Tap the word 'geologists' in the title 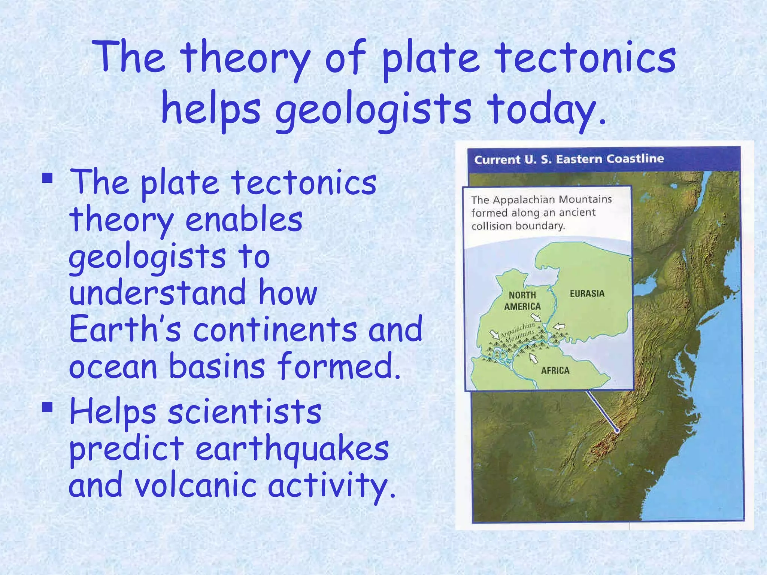[x=373, y=109]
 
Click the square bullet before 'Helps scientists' [x=47, y=407]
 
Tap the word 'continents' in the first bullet [x=275, y=329]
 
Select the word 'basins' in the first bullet [x=217, y=366]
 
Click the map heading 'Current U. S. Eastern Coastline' [x=569, y=159]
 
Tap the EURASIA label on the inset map [x=587, y=293]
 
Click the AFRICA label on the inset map [x=555, y=371]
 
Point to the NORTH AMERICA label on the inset [x=522, y=301]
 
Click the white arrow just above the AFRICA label [x=533, y=359]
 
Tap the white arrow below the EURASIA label [x=560, y=326]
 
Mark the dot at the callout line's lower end [x=617, y=431]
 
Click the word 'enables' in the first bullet [x=244, y=220]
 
